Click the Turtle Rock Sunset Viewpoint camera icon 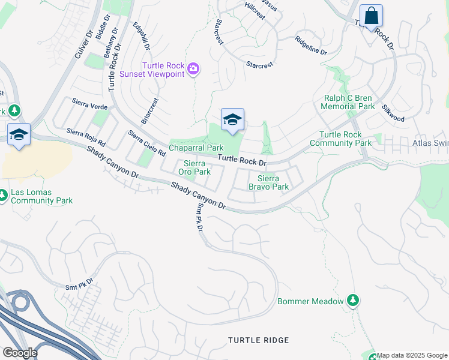(x=193, y=69)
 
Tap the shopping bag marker (x=371, y=16)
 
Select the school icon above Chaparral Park (x=232, y=119)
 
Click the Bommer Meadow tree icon (x=354, y=300)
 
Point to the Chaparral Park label (x=196, y=148)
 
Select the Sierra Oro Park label (x=196, y=167)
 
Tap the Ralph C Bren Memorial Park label (x=348, y=102)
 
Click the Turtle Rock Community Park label (x=345, y=139)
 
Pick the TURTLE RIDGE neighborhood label (x=258, y=340)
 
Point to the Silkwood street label (x=393, y=113)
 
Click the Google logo (x=19, y=353)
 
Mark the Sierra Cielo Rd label (x=146, y=144)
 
